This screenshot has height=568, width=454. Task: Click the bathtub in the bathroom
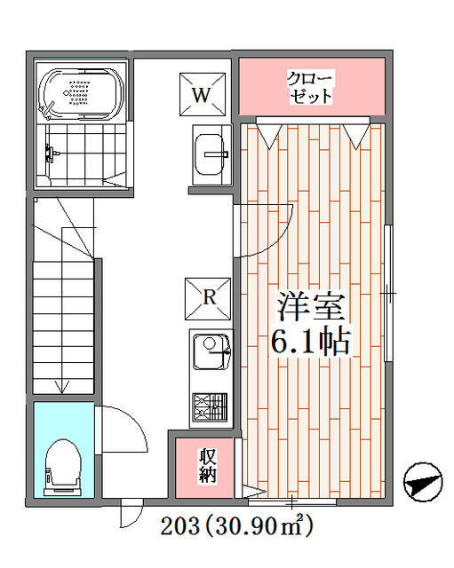click(81, 93)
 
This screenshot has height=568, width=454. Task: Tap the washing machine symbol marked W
click(203, 94)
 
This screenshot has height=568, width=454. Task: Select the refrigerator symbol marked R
click(208, 299)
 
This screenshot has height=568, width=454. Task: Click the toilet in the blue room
click(63, 468)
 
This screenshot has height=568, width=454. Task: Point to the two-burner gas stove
click(210, 407)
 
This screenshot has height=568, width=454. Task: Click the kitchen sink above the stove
click(211, 351)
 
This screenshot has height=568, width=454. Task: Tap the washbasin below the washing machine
click(211, 154)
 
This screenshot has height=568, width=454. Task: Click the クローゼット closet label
click(310, 87)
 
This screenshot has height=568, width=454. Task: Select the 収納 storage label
click(207, 465)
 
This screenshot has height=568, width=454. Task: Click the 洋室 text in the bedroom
click(311, 306)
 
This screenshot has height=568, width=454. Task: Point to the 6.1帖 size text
click(310, 341)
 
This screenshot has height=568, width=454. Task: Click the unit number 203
click(180, 525)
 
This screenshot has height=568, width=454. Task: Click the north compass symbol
click(423, 482)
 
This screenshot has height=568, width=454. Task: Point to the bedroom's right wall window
click(388, 293)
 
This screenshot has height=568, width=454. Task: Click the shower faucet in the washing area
click(50, 154)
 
